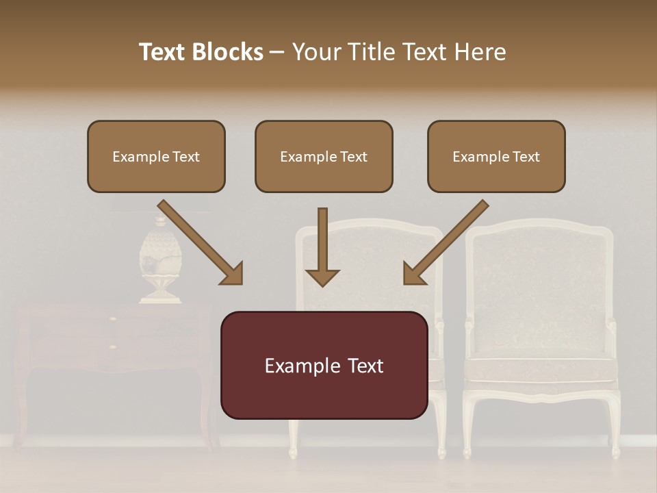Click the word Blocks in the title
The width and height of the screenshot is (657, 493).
[x=227, y=52]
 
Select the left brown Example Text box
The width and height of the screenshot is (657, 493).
[x=156, y=156]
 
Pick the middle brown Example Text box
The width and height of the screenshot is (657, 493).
[x=324, y=156]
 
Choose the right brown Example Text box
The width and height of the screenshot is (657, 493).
[x=496, y=156]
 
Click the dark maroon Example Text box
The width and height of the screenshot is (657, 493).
[x=324, y=365]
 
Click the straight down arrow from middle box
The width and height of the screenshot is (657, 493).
[x=322, y=246]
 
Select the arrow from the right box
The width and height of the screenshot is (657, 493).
[x=446, y=242]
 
